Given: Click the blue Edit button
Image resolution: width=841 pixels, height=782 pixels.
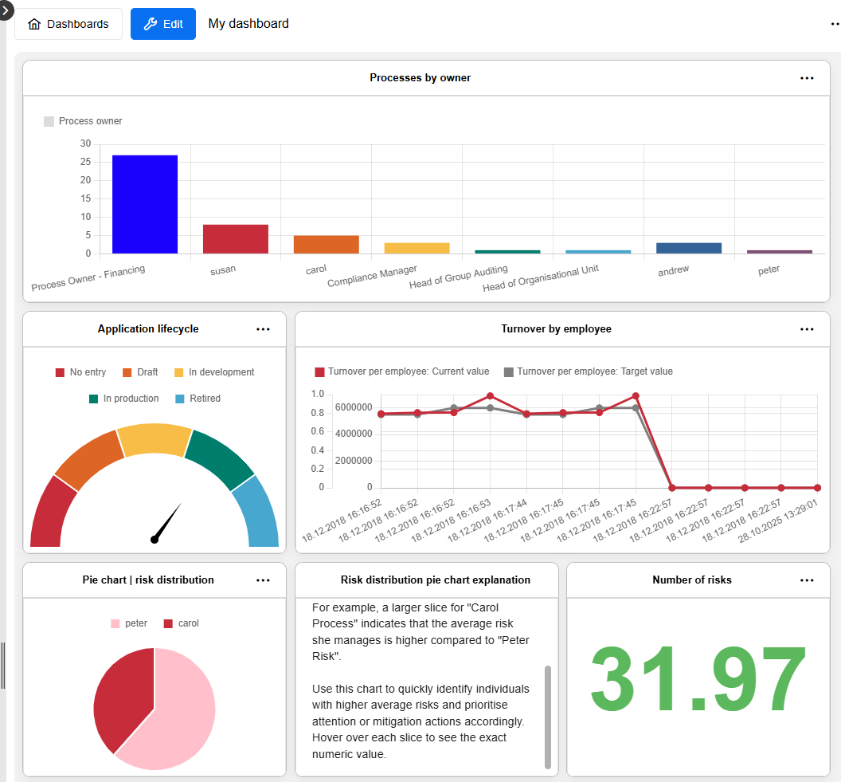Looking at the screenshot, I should tap(163, 24).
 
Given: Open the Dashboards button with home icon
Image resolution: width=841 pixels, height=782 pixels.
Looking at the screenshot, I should tap(68, 24).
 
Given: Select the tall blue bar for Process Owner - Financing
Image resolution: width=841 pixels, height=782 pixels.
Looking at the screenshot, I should tap(144, 204).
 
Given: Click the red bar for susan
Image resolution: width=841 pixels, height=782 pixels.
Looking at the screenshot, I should tap(235, 239).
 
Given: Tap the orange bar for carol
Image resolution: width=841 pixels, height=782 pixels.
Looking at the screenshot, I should tap(326, 245).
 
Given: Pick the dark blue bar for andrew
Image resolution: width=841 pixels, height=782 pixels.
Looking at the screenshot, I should tap(688, 248).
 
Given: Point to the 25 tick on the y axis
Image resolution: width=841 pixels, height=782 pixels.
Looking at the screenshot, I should tap(85, 162).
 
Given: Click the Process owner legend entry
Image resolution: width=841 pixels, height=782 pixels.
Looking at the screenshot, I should tap(83, 121).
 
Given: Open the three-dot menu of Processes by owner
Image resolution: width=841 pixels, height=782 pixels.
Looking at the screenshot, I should tap(807, 78).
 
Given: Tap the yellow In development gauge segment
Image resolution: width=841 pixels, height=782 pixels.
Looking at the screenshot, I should tap(155, 440).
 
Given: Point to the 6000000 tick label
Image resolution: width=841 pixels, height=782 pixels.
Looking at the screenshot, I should tap(353, 407).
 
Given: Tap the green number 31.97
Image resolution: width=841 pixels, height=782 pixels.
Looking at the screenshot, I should tap(698, 680).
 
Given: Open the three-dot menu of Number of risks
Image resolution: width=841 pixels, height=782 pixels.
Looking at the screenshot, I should tap(807, 580).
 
